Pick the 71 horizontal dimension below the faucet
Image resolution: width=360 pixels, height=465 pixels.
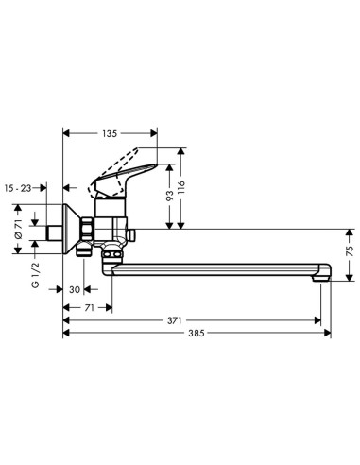coord(88,307)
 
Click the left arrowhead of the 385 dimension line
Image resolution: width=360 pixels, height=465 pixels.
coord(66,335)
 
